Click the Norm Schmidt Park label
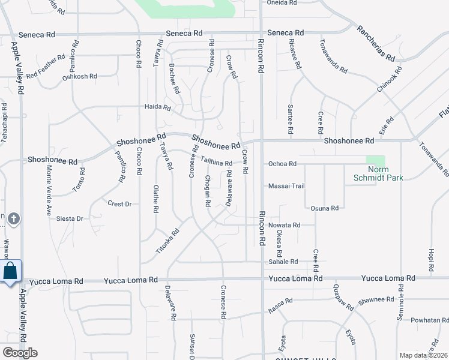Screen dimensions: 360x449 (x=377, y=173)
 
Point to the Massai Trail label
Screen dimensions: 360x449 (x=286, y=186)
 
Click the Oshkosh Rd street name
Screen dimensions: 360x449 (x=79, y=76)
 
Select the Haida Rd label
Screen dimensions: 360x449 (x=158, y=108)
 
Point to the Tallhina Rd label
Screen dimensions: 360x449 (x=216, y=162)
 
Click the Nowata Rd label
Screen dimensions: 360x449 (x=283, y=225)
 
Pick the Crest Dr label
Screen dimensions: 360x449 (x=119, y=204)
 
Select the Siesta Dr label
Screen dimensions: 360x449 (x=70, y=218)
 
